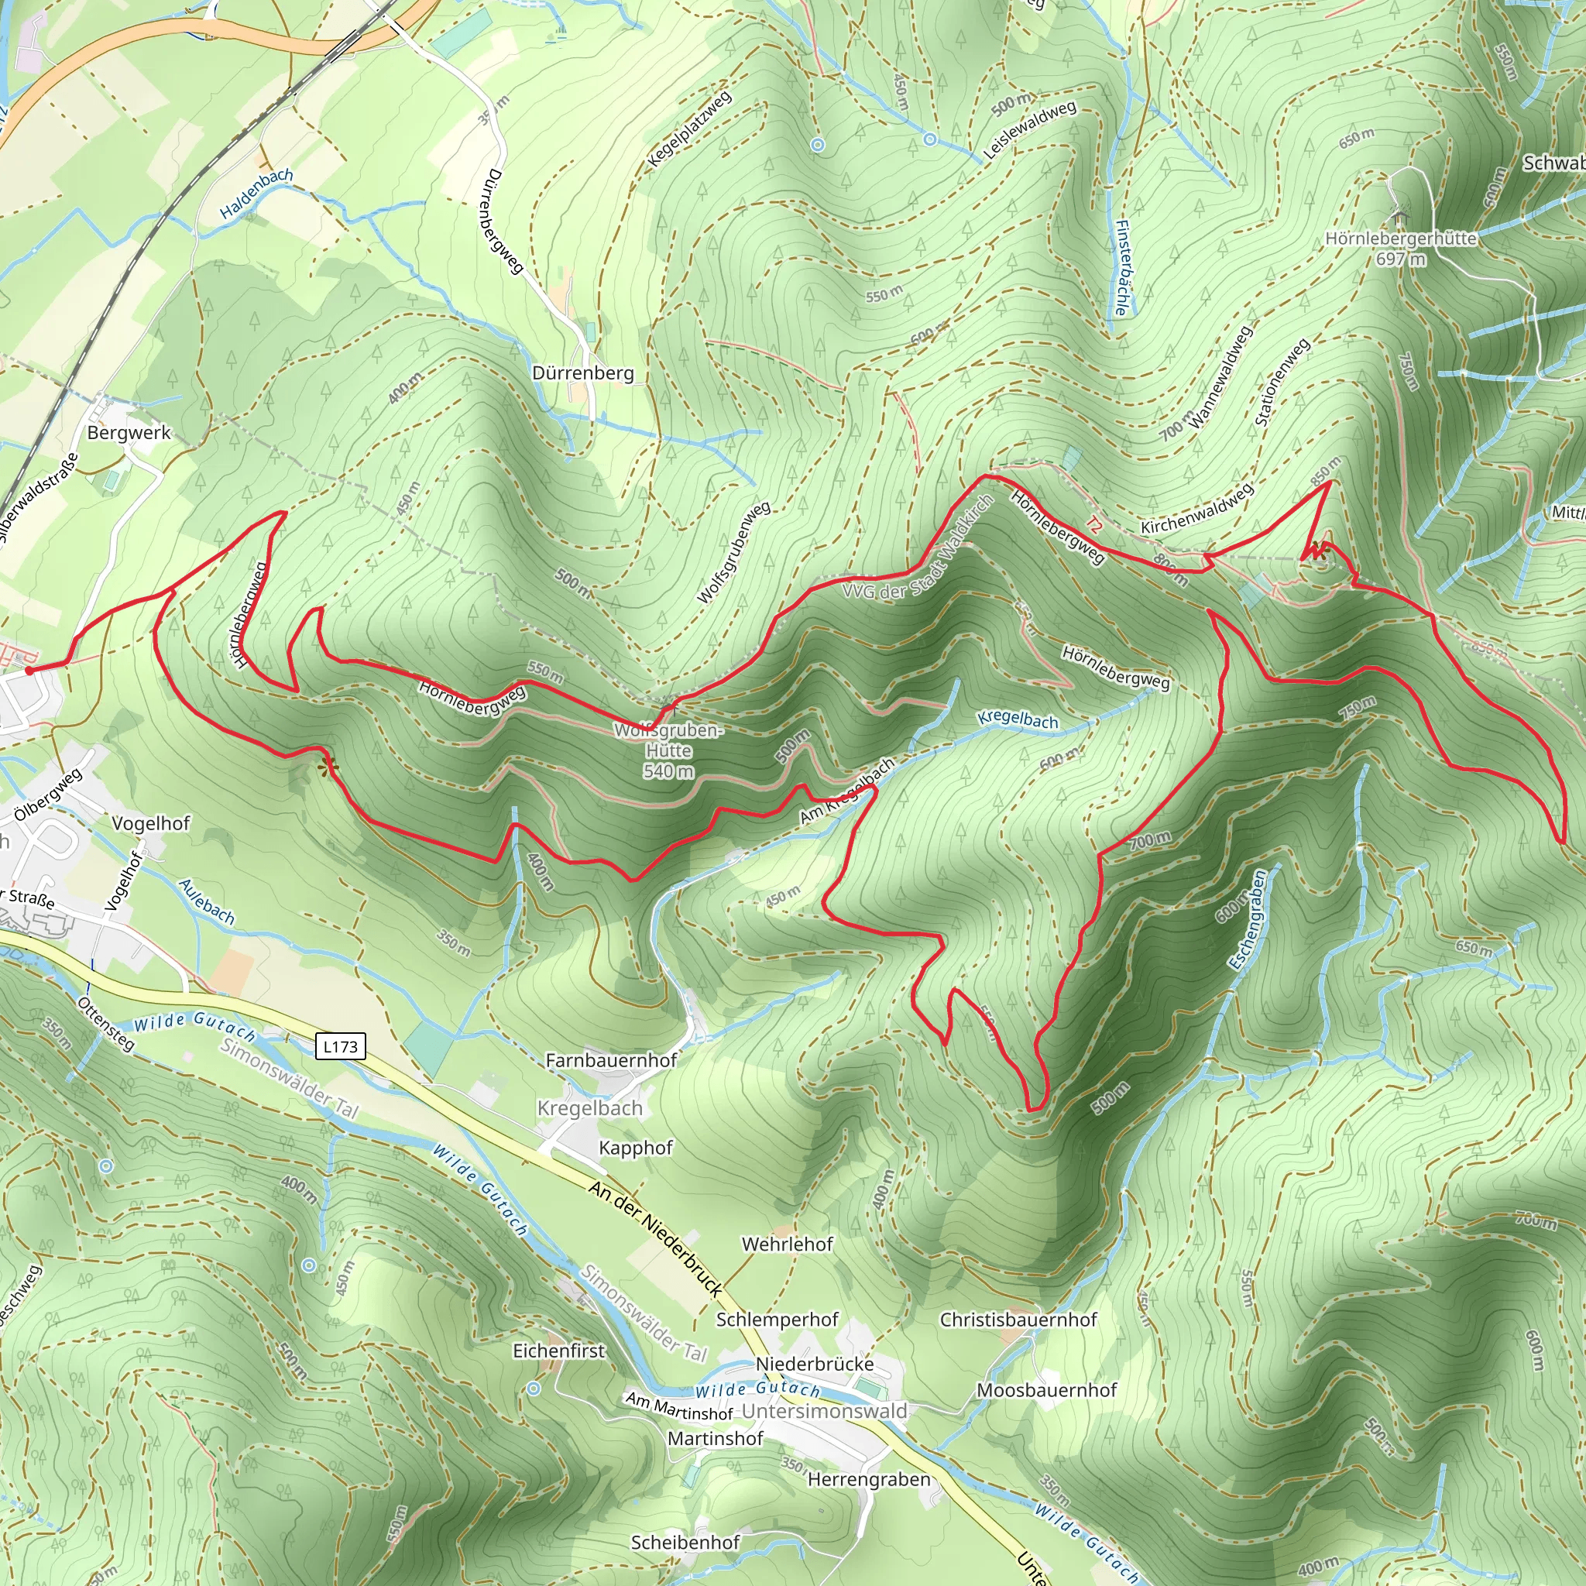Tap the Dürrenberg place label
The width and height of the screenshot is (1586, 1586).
point(583,372)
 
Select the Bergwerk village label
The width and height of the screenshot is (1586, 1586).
point(129,433)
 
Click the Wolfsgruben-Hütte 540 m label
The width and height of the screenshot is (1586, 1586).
point(668,750)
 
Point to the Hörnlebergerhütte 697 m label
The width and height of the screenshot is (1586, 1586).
point(1400,248)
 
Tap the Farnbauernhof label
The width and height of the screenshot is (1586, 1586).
point(611,1060)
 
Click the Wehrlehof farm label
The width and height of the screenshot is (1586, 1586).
point(788,1244)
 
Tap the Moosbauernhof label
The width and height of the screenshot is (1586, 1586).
point(1047,1390)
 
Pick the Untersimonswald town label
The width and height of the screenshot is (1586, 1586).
point(825,1410)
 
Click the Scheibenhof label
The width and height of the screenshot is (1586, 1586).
point(685,1543)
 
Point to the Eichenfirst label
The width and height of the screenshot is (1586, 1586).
point(558,1351)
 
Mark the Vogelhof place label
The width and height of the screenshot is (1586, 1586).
point(150,823)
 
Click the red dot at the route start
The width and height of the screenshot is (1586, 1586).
point(29,671)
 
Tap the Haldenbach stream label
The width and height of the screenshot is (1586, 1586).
point(256,193)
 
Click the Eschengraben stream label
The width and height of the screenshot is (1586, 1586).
point(1248,919)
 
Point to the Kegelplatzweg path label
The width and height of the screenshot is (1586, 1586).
point(688,129)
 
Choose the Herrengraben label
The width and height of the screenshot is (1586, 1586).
point(870,1479)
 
